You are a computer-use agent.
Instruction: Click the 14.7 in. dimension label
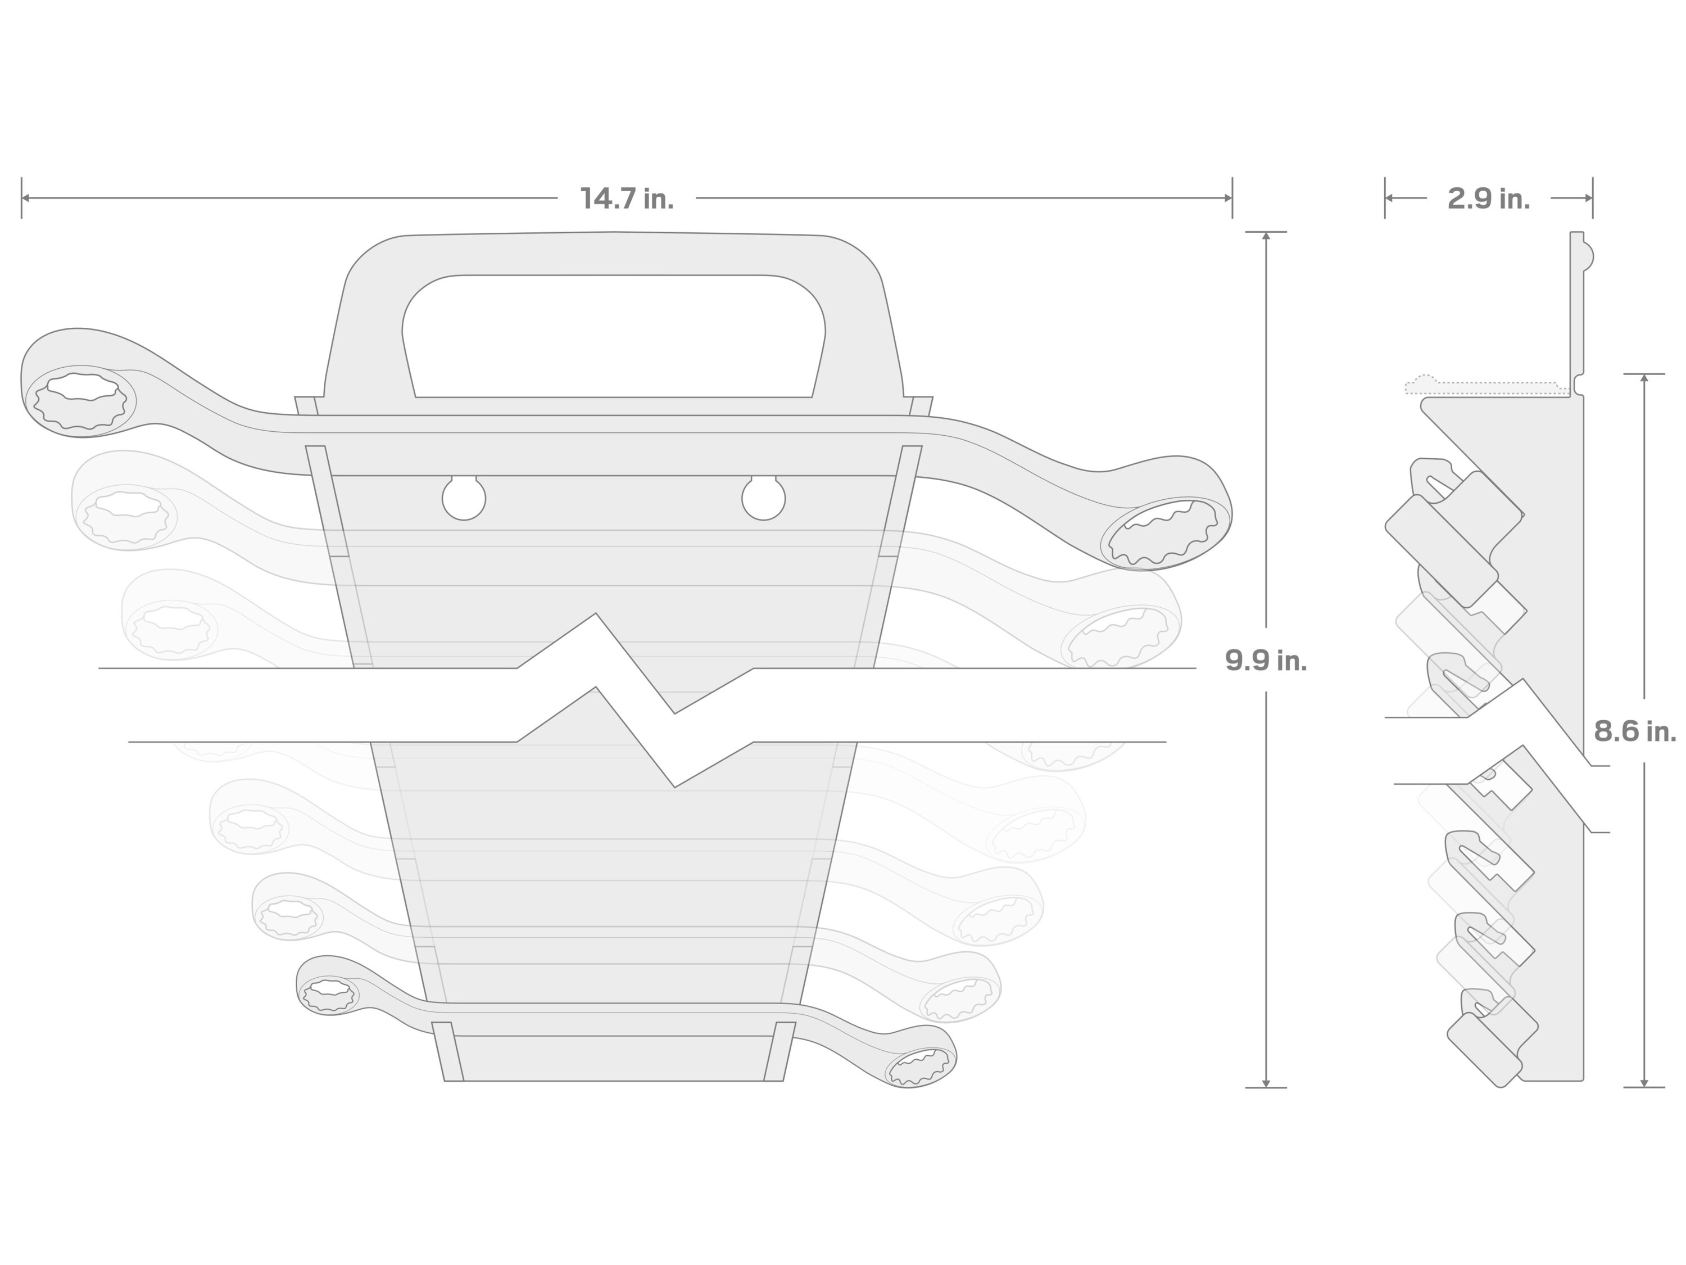tap(627, 199)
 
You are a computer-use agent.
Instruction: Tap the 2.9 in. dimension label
tap(1489, 199)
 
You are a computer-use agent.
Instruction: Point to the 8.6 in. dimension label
tap(1634, 731)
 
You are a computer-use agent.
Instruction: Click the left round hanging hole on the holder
tap(464, 499)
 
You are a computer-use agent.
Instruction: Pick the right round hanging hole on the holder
tap(763, 499)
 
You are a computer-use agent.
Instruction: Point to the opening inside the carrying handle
tap(614, 336)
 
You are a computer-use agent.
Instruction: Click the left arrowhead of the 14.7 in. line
tap(26, 198)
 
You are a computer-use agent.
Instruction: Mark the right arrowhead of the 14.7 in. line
tap(1227, 198)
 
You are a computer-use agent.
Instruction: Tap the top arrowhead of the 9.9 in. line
tap(1266, 236)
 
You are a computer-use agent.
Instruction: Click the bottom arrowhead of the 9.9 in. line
tap(1266, 1083)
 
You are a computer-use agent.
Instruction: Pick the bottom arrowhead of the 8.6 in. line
tap(1644, 1083)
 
